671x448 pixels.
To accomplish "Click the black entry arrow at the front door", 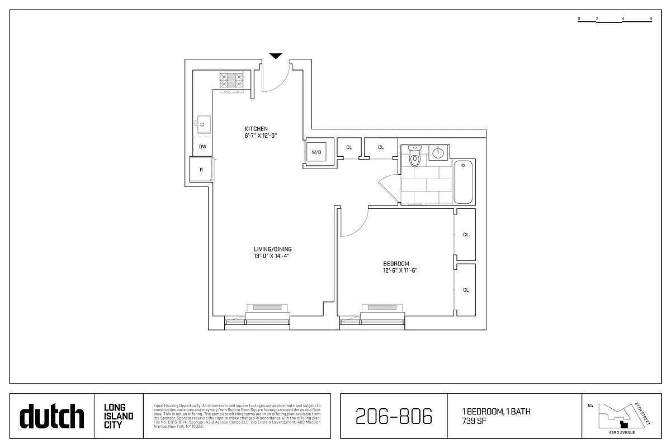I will (x=276, y=56).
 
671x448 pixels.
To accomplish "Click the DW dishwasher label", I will (x=202, y=147).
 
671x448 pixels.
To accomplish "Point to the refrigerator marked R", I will (x=201, y=169).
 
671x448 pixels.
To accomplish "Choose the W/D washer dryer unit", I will (x=316, y=152).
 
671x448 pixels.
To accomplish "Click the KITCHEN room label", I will (x=256, y=129).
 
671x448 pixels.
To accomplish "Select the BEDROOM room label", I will (x=396, y=264).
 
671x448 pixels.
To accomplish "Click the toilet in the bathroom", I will (x=414, y=158).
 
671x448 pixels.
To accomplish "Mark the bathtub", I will (x=464, y=182).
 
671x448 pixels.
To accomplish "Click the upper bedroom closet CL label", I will (x=466, y=235).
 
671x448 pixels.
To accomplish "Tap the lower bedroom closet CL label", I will (x=466, y=290).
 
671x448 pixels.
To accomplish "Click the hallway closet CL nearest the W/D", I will (x=349, y=147).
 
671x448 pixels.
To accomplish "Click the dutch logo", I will (x=52, y=417).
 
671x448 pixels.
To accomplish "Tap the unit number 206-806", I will (x=394, y=416).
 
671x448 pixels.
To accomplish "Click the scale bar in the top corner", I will (x=615, y=20).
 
